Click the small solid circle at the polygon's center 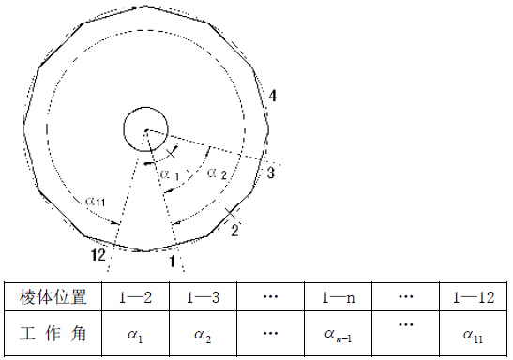tap(145, 128)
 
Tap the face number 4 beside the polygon tap(272, 96)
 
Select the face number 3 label tap(270, 172)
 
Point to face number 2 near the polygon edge tap(234, 230)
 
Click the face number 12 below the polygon tap(98, 255)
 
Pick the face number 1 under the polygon tap(172, 262)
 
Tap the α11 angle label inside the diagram tap(96, 201)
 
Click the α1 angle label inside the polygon tap(170, 175)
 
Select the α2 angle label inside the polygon tap(217, 173)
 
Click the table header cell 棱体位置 tap(53, 297)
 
